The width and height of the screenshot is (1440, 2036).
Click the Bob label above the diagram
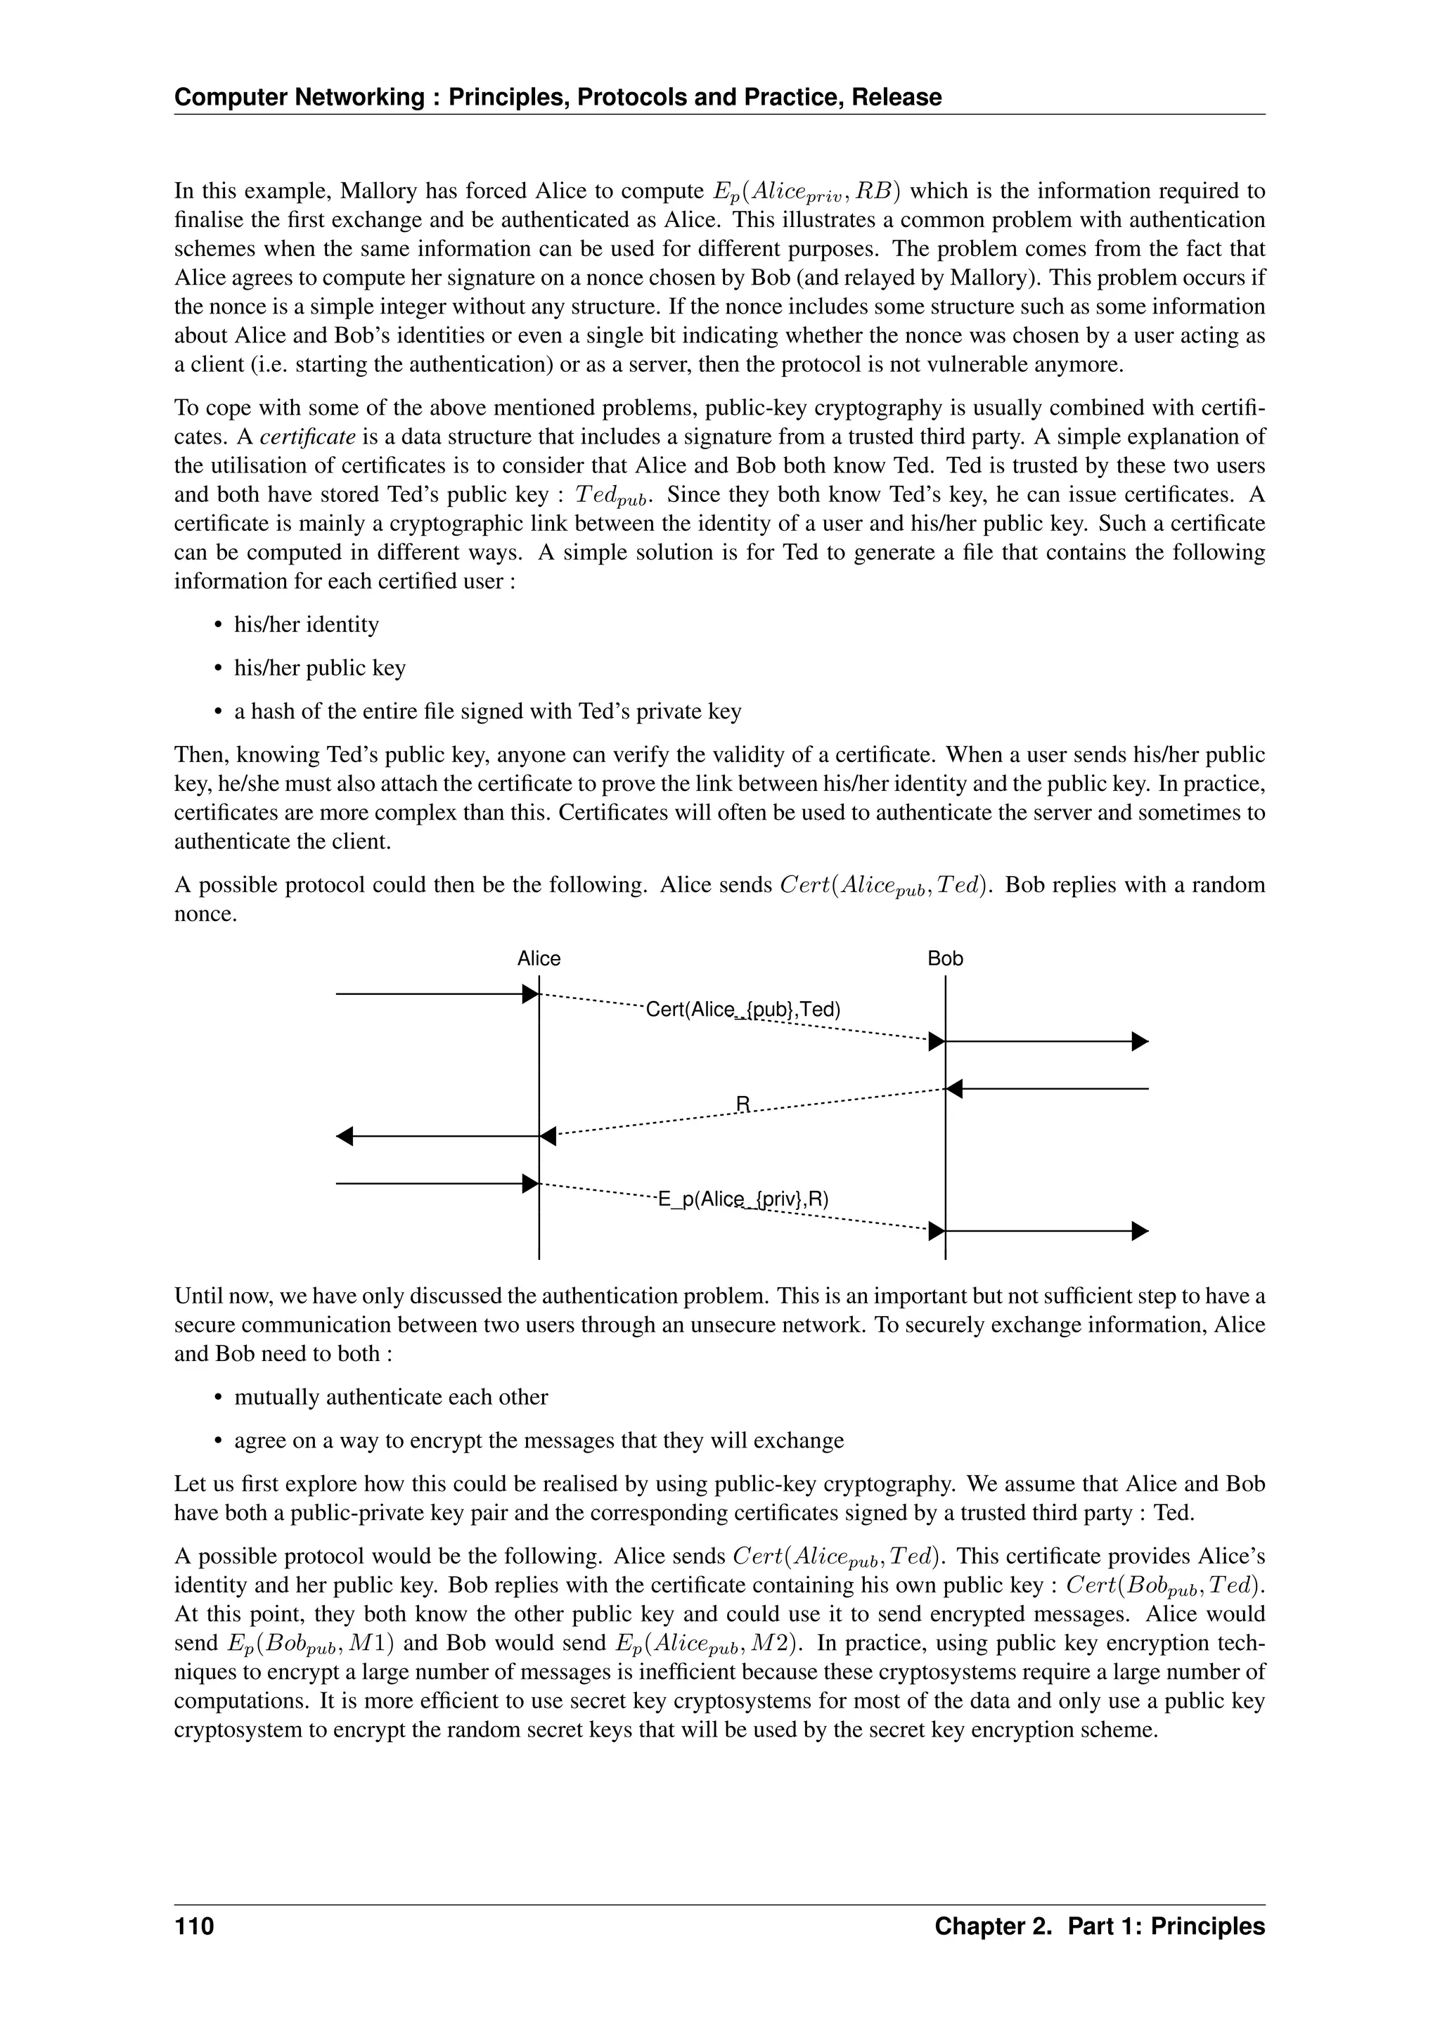click(944, 958)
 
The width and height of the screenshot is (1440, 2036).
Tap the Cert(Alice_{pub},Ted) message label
click(743, 1010)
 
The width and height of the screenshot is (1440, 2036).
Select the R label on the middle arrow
click(743, 1103)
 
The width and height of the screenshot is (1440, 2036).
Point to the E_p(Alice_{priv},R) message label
click(743, 1200)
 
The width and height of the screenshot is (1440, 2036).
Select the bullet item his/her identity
click(306, 625)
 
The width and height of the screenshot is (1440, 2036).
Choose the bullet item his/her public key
click(319, 669)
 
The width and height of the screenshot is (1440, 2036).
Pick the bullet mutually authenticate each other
click(390, 1398)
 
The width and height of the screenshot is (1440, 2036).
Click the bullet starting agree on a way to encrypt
click(538, 1441)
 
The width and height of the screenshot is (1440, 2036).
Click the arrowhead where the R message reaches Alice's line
click(548, 1136)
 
